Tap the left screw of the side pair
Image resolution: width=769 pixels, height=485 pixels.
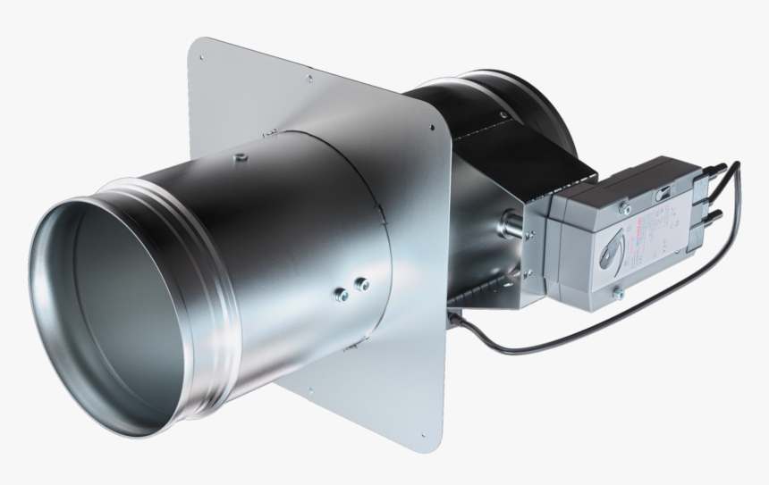coord(340,295)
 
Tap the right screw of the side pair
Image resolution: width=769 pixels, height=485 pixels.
coord(361,285)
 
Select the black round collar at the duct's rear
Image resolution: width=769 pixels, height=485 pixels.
coord(537,116)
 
